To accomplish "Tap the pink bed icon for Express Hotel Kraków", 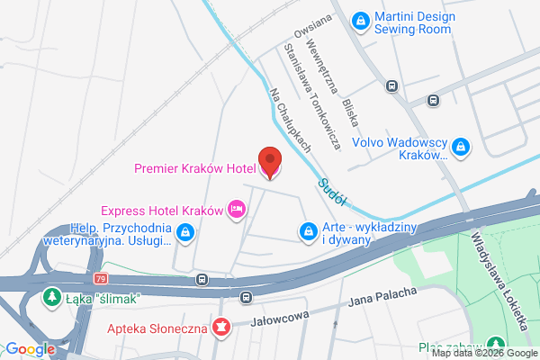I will click(x=237, y=210).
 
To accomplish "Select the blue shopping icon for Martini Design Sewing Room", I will click(x=360, y=19).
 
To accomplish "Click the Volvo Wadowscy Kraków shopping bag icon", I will click(x=461, y=145).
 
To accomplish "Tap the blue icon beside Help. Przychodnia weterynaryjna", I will click(x=185, y=233).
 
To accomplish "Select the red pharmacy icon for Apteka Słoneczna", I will click(x=220, y=323).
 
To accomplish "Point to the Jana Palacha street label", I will click(x=383, y=297).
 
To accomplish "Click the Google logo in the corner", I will click(x=30, y=349).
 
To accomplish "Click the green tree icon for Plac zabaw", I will click(x=495, y=343).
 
